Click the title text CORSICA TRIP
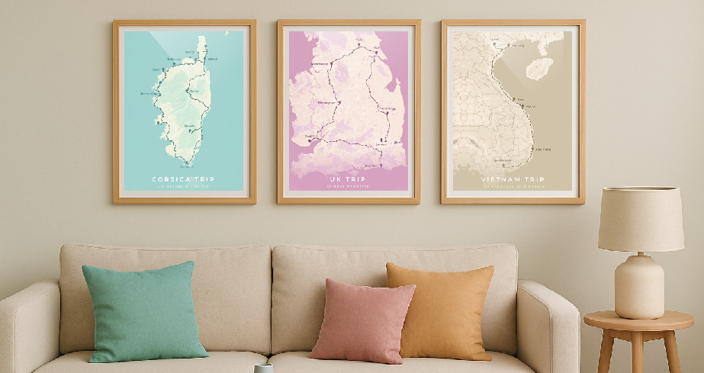(183, 180)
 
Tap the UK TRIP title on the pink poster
(348, 179)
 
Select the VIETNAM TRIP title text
(513, 181)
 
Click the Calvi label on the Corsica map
(159, 69)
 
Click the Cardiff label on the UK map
(310, 137)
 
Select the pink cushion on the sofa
(362, 319)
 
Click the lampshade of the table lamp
(640, 218)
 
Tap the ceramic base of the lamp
(639, 286)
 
